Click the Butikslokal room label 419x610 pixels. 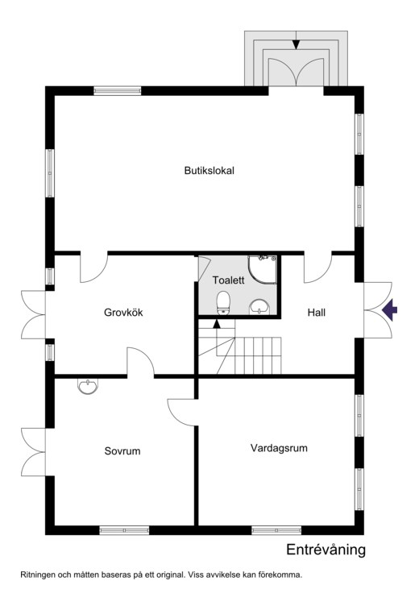click(x=209, y=171)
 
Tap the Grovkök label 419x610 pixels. click(x=123, y=313)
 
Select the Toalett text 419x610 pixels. click(x=228, y=280)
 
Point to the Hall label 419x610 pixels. click(x=317, y=313)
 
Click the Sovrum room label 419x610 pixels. click(x=122, y=451)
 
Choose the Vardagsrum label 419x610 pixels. click(x=279, y=448)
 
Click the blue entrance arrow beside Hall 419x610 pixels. click(x=389, y=310)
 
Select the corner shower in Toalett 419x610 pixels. click(x=263, y=269)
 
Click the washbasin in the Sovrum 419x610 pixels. click(x=88, y=386)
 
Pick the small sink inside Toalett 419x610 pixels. click(x=259, y=306)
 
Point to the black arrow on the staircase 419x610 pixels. click(x=217, y=323)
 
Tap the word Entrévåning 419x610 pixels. click(x=326, y=550)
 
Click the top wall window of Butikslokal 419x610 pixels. click(x=118, y=91)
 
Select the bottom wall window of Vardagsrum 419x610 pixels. click(x=276, y=530)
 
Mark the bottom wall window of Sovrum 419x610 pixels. click(x=124, y=530)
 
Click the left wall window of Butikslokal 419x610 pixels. click(x=50, y=173)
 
